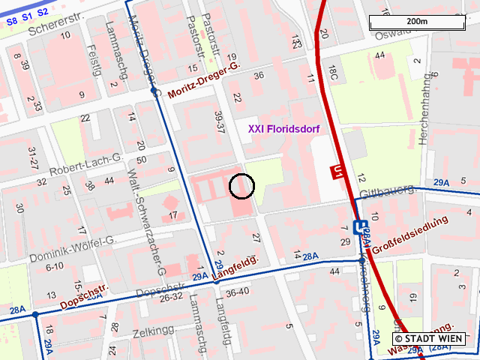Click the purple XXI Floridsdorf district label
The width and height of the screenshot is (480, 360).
click(x=283, y=129)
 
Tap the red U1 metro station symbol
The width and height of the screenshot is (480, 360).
click(x=339, y=172)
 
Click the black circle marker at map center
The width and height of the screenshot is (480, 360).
click(x=241, y=185)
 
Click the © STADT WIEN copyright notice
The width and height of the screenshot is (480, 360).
click(x=430, y=339)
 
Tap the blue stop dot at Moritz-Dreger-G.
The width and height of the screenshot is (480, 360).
click(x=154, y=91)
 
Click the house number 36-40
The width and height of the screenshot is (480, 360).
click(x=237, y=292)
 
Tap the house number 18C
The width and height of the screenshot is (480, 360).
click(x=332, y=72)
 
